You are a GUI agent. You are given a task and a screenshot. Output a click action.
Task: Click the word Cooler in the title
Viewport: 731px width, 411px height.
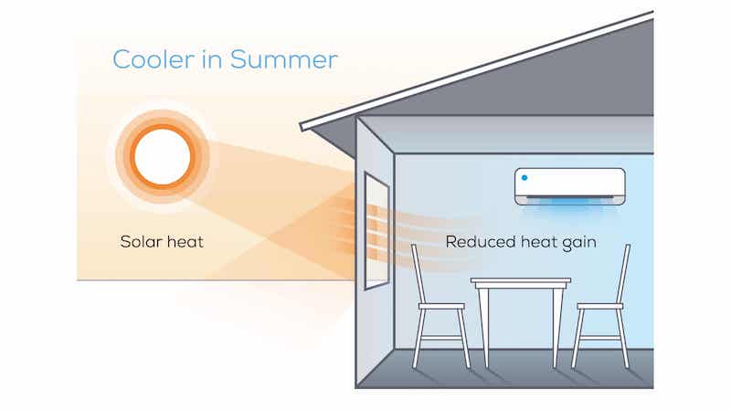(x=154, y=59)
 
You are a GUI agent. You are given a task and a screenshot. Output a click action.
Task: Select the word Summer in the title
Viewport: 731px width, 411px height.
(x=283, y=59)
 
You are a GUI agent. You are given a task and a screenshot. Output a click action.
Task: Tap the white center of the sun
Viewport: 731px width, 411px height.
(x=163, y=156)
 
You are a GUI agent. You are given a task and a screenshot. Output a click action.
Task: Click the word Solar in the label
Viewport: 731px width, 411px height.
(x=141, y=241)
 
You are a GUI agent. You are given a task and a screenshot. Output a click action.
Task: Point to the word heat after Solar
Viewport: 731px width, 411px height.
(x=185, y=241)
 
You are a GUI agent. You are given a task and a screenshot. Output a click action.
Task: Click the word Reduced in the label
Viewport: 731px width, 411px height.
(x=481, y=241)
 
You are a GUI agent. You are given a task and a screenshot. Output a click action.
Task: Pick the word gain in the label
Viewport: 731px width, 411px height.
(x=579, y=243)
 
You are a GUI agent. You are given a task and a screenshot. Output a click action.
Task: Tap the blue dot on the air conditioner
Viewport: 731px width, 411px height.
(x=524, y=177)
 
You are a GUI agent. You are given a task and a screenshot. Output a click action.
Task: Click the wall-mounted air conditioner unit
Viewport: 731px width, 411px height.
(x=569, y=186)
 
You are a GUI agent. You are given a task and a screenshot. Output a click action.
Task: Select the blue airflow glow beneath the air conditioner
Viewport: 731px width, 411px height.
(x=569, y=207)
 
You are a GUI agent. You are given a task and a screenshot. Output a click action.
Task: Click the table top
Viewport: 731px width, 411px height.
(x=520, y=281)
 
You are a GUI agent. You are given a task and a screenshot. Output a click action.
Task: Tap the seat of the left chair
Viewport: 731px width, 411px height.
(x=441, y=306)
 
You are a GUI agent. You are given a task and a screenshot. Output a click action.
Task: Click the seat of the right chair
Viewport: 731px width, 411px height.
(x=600, y=306)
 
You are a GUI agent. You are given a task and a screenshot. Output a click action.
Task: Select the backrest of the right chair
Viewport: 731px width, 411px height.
(x=623, y=274)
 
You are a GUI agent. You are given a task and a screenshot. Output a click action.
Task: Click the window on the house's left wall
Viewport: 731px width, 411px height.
(x=376, y=231)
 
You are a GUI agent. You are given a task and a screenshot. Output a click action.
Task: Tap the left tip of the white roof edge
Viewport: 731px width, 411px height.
(x=302, y=127)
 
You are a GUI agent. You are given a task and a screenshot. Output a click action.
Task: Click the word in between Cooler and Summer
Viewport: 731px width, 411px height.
(x=212, y=59)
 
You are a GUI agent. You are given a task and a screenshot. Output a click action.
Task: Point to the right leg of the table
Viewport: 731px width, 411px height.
(x=557, y=326)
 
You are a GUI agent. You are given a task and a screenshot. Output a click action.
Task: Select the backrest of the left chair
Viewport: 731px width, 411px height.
(x=418, y=274)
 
